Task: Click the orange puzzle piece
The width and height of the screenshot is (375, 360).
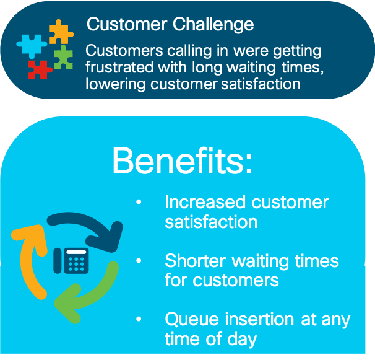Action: (61, 32)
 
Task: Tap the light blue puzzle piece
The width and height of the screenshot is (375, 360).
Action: (32, 46)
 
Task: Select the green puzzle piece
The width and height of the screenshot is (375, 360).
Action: (63, 57)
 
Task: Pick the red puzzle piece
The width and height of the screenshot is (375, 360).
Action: (39, 69)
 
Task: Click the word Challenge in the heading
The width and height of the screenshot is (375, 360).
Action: (213, 25)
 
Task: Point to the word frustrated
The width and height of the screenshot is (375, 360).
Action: (119, 67)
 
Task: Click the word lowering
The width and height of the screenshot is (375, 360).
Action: (115, 84)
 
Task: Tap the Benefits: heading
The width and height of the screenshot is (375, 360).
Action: (183, 160)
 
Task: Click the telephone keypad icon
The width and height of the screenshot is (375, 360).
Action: (71, 261)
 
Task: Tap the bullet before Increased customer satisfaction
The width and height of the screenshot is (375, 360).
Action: (139, 202)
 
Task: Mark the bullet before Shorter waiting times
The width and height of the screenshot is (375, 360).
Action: (139, 261)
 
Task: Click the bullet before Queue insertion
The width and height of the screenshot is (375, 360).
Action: (139, 319)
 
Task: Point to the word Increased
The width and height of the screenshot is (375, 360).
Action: (205, 202)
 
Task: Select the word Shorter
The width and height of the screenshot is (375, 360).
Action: (195, 260)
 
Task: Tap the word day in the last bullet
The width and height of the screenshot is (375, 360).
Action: (242, 340)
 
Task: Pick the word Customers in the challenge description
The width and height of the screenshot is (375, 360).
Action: (124, 51)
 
